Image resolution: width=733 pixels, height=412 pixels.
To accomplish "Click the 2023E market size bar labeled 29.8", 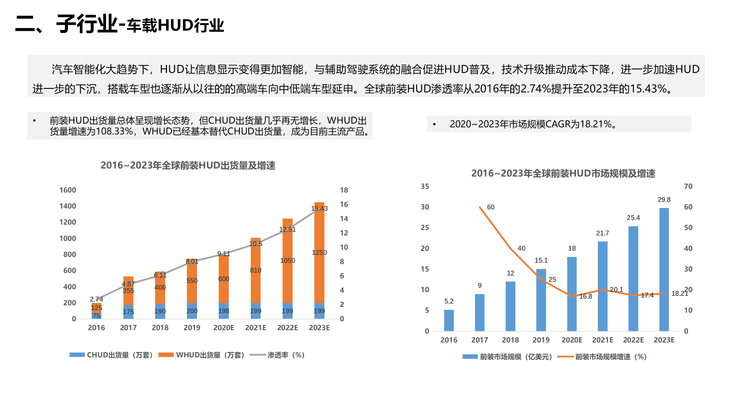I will click(664, 269).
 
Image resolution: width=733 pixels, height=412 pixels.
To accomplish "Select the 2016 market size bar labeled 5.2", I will click(449, 320).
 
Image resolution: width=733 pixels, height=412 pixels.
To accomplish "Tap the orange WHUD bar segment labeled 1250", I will click(319, 253).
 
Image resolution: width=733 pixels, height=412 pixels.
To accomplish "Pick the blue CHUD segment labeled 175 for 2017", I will click(128, 312).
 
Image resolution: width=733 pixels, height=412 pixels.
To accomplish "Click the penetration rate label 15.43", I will click(319, 208).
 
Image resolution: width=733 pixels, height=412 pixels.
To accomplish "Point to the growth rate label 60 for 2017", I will click(490, 207).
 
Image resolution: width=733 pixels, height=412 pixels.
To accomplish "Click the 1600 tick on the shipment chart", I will click(68, 190).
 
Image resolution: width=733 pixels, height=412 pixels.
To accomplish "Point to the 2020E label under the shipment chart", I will click(224, 328).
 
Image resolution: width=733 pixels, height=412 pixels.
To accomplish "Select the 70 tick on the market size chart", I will click(688, 186).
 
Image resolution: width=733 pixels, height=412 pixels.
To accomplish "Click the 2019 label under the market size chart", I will click(541, 340).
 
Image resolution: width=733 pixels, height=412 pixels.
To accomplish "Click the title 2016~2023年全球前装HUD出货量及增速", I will click(188, 165).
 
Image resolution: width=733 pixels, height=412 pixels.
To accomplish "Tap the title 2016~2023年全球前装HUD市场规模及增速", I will click(563, 173).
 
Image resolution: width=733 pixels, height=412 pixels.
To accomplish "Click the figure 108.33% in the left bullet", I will click(115, 132).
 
